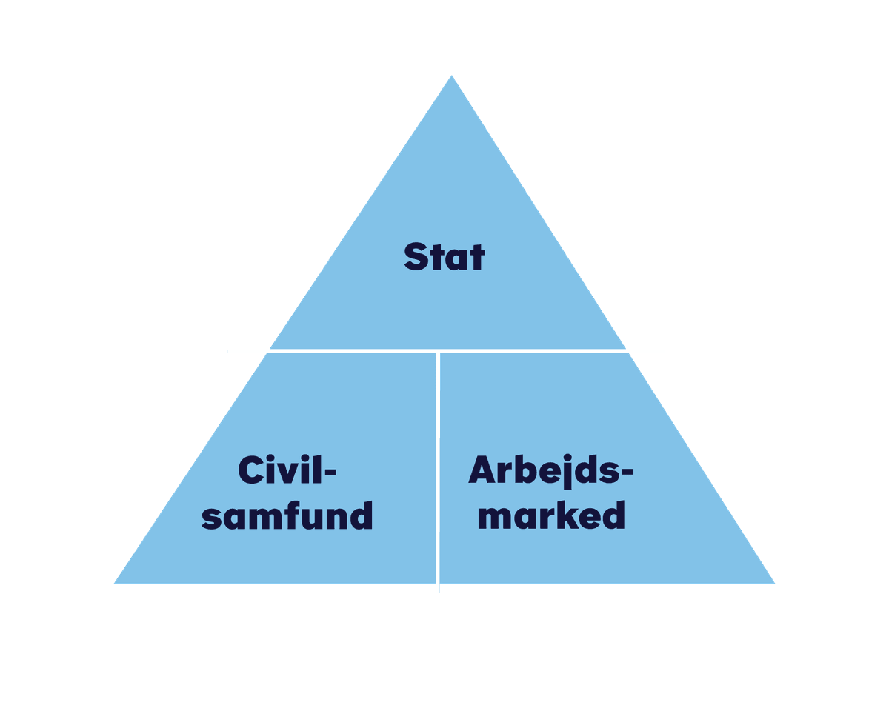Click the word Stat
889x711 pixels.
(444, 257)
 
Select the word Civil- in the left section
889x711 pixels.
(287, 470)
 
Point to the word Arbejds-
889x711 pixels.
(550, 471)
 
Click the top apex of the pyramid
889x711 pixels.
(451, 76)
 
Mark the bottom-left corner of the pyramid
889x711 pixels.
(114, 584)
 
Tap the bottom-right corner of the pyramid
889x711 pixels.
(775, 584)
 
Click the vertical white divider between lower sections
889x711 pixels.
(438, 470)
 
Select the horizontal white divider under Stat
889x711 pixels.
(446, 351)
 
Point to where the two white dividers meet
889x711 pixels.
(438, 351)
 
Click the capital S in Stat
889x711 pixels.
(416, 257)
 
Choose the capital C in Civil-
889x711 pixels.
(250, 470)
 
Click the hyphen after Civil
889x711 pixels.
(331, 472)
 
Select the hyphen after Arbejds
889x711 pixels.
(627, 472)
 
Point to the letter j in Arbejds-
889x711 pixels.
(567, 472)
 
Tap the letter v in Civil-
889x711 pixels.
(290, 473)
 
